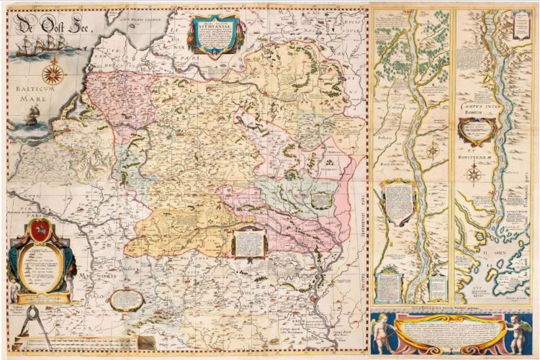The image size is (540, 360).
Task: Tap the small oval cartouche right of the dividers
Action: [125, 297]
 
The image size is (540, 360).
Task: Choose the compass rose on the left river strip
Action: [433, 151]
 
